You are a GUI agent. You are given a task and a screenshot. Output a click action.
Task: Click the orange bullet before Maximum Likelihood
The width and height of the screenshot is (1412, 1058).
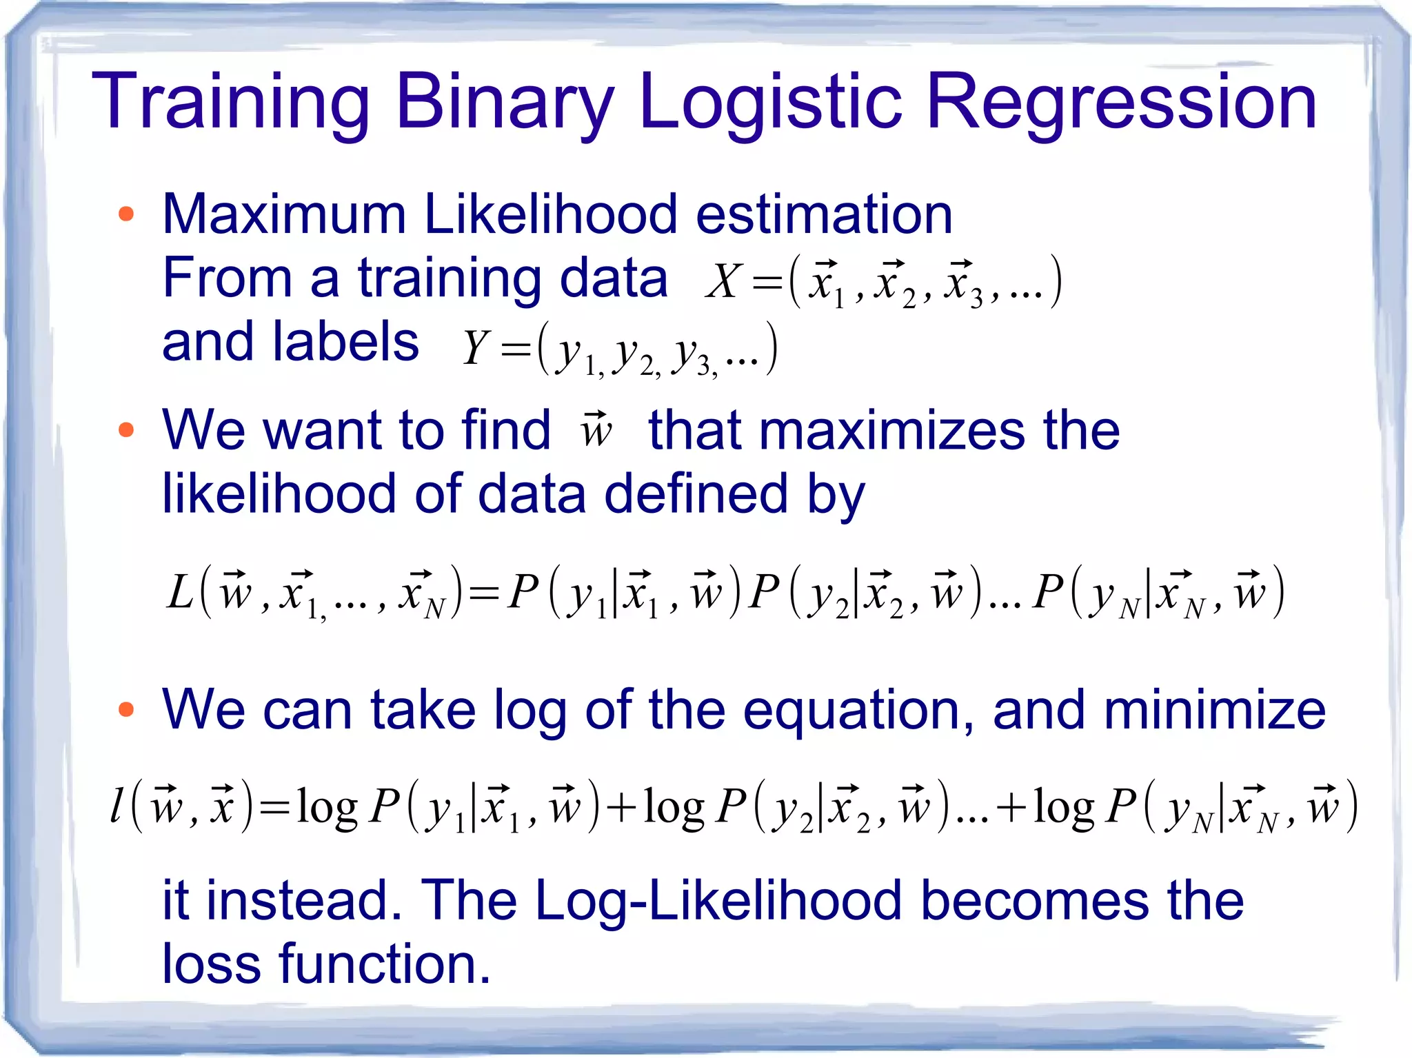[125, 214]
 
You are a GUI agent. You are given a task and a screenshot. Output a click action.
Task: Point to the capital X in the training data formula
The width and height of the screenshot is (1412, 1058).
[723, 282]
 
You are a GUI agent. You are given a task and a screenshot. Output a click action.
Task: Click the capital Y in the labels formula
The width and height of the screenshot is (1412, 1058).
[476, 347]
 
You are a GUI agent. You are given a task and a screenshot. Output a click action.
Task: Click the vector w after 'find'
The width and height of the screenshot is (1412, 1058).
[596, 430]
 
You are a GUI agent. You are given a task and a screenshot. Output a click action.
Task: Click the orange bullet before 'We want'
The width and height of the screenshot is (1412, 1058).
[125, 431]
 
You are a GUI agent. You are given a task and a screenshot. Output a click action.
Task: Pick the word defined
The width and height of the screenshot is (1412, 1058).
[696, 494]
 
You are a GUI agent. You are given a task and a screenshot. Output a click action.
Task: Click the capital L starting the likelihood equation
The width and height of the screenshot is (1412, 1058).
[180, 591]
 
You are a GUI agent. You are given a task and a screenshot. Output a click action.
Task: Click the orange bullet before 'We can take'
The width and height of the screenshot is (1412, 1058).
[125, 710]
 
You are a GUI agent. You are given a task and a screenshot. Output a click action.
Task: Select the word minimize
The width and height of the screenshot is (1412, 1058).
[1214, 710]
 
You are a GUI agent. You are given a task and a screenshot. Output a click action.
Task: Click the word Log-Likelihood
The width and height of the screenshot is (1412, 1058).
[718, 901]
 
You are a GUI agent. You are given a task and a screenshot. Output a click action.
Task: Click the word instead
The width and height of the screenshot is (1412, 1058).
[304, 901]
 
